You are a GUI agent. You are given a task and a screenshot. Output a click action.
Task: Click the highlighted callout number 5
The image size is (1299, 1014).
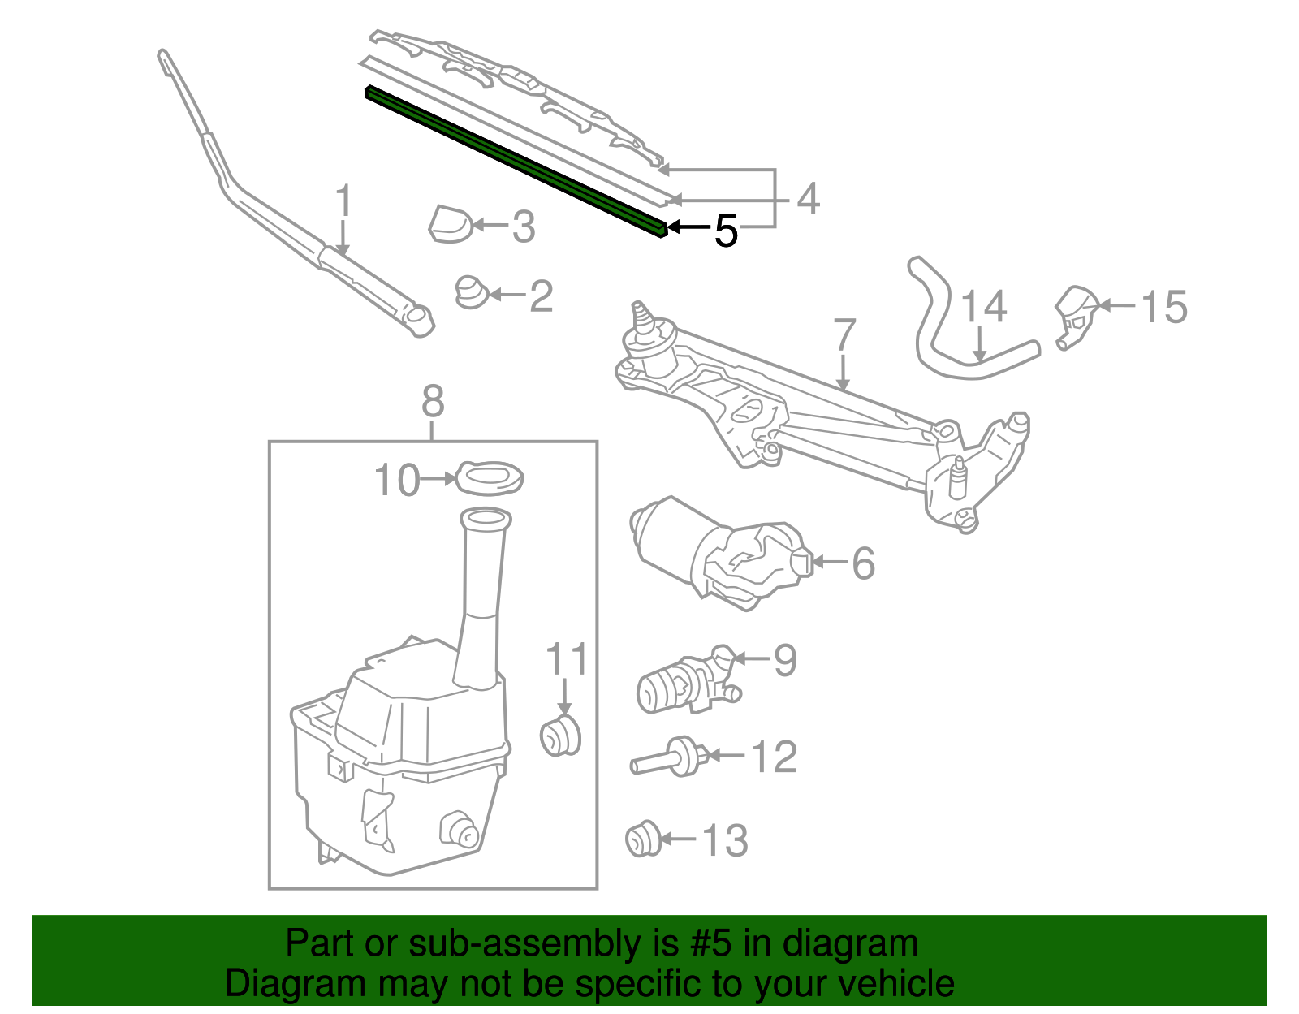pyautogui.click(x=726, y=231)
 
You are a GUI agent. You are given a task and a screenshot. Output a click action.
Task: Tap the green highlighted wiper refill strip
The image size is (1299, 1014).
pyautogui.click(x=516, y=161)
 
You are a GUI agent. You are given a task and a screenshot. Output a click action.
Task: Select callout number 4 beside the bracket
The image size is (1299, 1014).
pyautogui.click(x=808, y=199)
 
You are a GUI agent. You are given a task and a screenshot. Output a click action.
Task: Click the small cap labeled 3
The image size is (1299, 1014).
pyautogui.click(x=450, y=224)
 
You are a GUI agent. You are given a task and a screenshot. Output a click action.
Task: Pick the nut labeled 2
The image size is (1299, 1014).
pyautogui.click(x=471, y=292)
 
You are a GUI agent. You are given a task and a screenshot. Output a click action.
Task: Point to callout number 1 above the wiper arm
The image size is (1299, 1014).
pyautogui.click(x=344, y=201)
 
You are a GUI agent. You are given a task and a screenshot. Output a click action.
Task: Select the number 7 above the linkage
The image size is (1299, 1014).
pyautogui.click(x=845, y=335)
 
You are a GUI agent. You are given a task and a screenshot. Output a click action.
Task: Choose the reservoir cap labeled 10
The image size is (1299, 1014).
pyautogui.click(x=490, y=477)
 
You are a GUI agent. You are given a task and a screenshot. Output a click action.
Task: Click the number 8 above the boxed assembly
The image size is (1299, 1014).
pyautogui.click(x=433, y=401)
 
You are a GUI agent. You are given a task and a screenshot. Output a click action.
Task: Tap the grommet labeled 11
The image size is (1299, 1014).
pyautogui.click(x=560, y=736)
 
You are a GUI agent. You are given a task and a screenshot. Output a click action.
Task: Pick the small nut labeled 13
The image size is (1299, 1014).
pyautogui.click(x=643, y=839)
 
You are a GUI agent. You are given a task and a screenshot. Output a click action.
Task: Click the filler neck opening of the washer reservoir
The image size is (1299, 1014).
pyautogui.click(x=486, y=518)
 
